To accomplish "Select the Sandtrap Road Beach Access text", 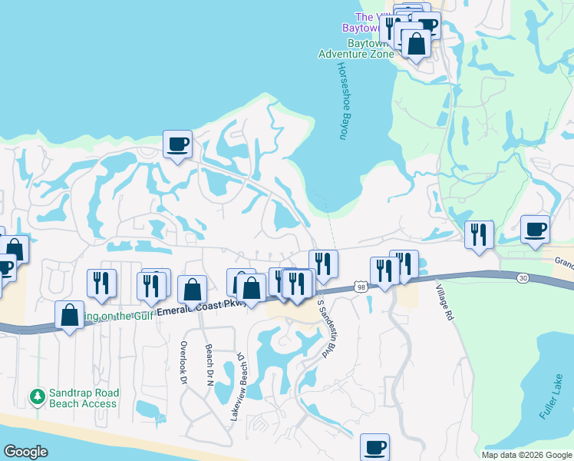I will [83, 397].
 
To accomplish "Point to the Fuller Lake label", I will [551, 401].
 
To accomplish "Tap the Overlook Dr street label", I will [183, 363].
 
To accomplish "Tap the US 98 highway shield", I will [361, 287].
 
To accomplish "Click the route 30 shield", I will [523, 277].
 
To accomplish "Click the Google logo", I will [26, 452].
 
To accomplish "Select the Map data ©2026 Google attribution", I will [526, 455].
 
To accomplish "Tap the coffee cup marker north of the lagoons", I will [177, 144].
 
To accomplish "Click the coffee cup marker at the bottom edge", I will [374, 447].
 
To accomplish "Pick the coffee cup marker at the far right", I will [535, 229].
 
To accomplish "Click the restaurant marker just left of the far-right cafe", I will [480, 234].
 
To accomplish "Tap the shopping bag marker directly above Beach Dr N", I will [192, 290].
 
